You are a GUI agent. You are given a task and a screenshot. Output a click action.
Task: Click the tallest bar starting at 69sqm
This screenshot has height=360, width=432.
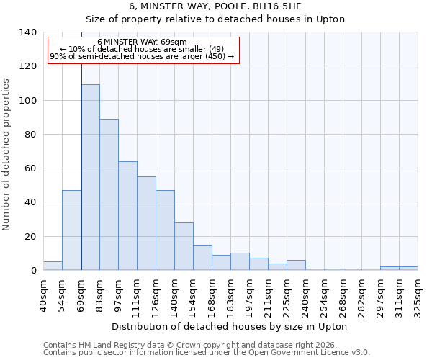(x=90, y=177)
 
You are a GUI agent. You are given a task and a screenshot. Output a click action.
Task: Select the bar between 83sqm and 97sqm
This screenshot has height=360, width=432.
(x=109, y=194)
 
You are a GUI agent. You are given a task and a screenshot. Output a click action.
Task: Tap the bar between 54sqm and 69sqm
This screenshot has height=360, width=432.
(x=71, y=230)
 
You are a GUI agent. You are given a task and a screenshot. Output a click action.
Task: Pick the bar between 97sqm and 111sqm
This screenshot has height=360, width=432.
(x=127, y=216)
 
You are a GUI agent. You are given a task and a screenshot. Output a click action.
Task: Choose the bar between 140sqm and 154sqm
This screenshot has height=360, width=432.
(x=184, y=246)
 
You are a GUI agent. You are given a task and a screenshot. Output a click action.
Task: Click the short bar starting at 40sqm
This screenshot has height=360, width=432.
(x=53, y=266)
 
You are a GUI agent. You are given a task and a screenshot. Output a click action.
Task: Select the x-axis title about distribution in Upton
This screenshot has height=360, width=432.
(x=230, y=327)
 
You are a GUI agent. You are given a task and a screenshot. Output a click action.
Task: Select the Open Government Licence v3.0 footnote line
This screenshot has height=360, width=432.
(x=207, y=352)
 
